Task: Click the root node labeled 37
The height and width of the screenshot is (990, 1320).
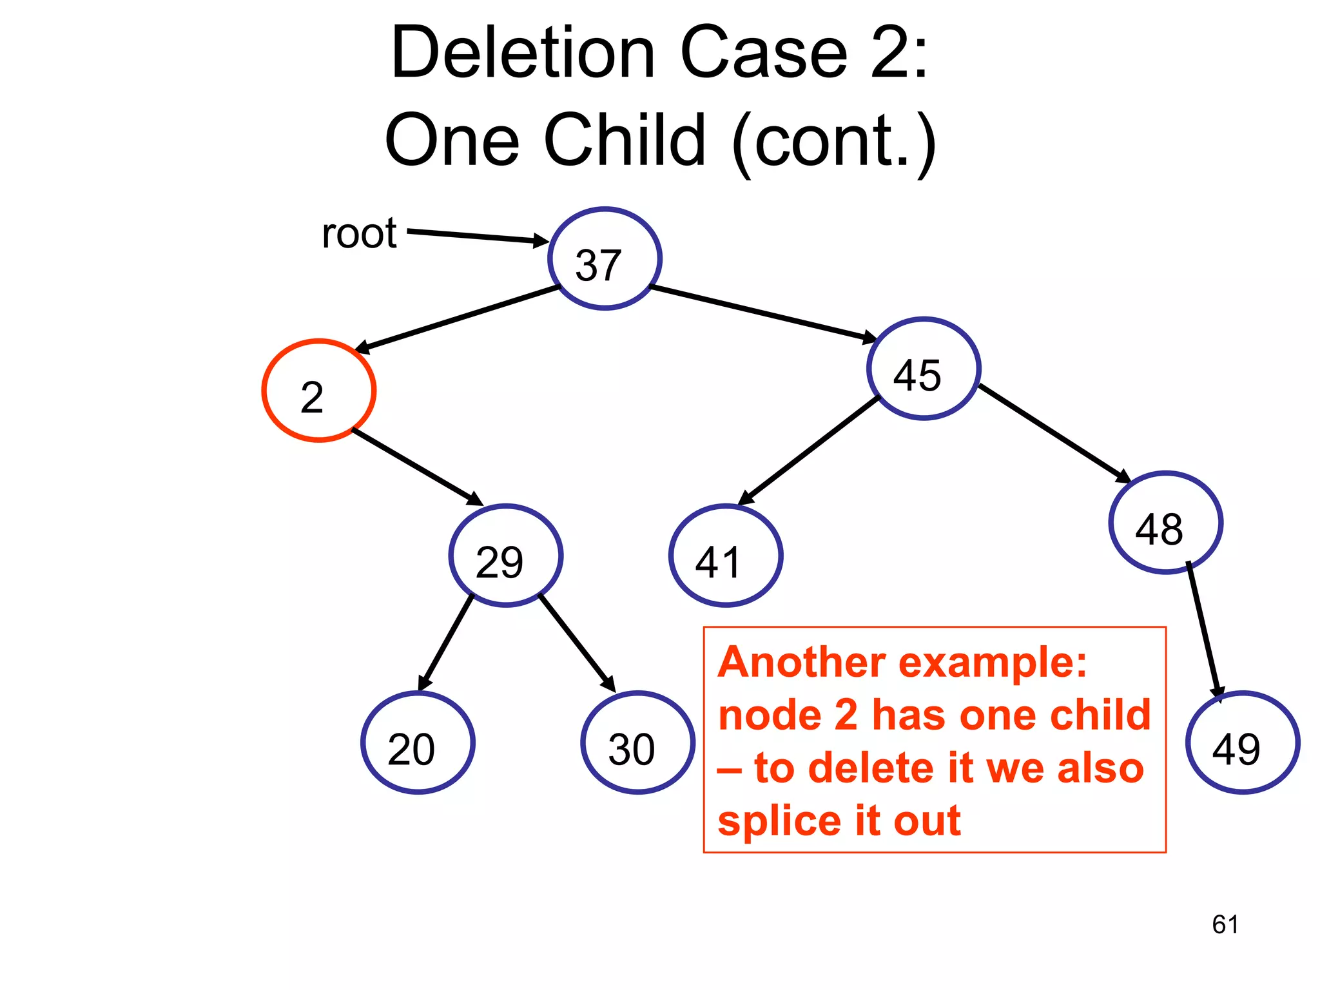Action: point(605,258)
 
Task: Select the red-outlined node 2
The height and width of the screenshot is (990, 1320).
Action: point(319,391)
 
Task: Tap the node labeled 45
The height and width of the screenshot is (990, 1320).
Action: point(924,369)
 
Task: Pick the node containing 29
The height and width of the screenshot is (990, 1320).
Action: point(506,556)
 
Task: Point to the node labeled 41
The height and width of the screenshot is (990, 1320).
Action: point(726,556)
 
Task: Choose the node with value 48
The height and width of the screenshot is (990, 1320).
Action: point(1165,523)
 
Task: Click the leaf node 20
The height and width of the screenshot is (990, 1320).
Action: point(418,742)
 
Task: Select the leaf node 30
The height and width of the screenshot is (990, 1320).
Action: point(637,742)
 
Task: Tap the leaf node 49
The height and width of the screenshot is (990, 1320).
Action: point(1243,742)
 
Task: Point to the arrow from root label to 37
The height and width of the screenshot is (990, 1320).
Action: point(477,236)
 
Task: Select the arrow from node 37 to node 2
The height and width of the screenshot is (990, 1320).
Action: point(458,319)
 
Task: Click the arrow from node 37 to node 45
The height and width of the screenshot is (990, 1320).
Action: point(764,313)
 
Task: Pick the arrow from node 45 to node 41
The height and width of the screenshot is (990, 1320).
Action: point(809,451)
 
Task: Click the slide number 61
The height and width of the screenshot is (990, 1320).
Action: point(1225,924)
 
